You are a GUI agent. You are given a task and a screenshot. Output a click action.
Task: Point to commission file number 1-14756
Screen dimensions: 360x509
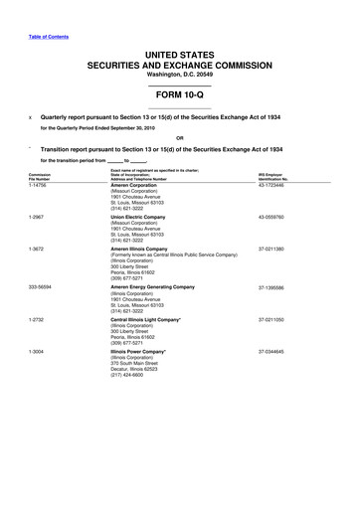[x=40, y=186]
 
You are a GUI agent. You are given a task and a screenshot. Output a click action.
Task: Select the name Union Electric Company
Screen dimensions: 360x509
[x=146, y=217]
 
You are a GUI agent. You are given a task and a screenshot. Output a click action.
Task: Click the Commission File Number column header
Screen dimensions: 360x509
[x=40, y=177]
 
